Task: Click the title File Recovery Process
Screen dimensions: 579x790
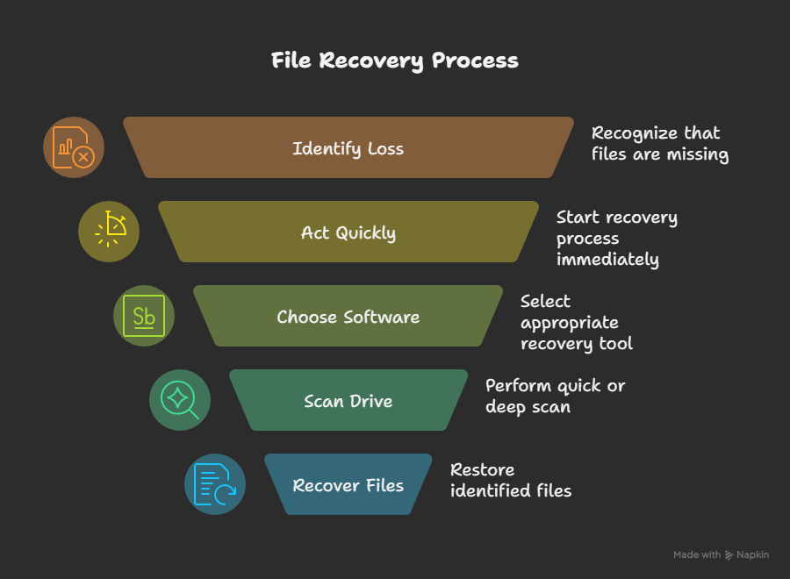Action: coord(394,61)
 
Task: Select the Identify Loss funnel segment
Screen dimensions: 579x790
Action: coord(348,148)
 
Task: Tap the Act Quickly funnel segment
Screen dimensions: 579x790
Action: coord(348,232)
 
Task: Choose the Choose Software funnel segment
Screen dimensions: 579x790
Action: coord(348,317)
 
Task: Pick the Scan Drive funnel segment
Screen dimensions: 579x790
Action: coord(348,401)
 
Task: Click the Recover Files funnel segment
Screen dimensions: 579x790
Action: coord(348,485)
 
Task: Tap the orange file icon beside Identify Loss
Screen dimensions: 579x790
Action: coord(74,147)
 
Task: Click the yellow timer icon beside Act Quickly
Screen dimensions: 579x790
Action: coord(109,232)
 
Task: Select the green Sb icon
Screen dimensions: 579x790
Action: coord(144,316)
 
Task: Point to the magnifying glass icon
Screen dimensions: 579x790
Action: coord(179,400)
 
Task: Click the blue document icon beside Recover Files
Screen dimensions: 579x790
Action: coord(214,484)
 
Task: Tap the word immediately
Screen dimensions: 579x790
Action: coord(607,260)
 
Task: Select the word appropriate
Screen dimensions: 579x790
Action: coord(570,322)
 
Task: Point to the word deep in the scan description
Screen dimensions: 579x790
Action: coord(505,407)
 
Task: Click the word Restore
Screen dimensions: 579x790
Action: coord(483,469)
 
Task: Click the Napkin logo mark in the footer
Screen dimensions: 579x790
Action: coord(729,554)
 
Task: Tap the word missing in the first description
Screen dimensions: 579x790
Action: coord(697,154)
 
